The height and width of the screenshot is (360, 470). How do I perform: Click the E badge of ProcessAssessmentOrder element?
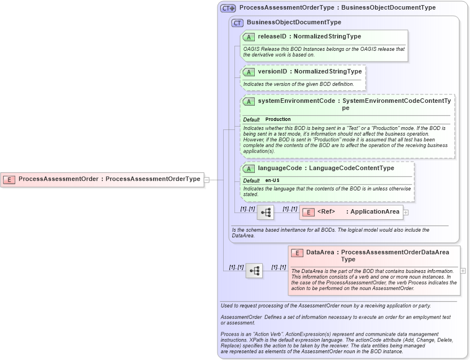(9, 179)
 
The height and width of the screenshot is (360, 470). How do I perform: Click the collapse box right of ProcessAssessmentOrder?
(207, 180)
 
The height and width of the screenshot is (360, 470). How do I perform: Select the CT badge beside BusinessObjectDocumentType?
(237, 23)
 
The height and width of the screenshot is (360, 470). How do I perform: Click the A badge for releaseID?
(249, 37)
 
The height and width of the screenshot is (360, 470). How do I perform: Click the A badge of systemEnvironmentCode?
(249, 101)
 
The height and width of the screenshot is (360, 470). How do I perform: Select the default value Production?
(278, 119)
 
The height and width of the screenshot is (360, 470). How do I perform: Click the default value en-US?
(272, 180)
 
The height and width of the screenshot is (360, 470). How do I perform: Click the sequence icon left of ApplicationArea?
(265, 212)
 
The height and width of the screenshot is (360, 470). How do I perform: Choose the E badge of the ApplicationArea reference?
(308, 212)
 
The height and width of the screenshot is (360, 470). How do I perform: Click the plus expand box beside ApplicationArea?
(406, 212)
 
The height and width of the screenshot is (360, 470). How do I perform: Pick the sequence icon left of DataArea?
(254, 271)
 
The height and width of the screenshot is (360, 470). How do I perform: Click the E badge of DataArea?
(297, 253)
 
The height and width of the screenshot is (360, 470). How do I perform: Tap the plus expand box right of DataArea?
(463, 271)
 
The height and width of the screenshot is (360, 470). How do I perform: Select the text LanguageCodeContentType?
(351, 168)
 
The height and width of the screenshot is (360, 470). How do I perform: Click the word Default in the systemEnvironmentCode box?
(251, 119)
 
